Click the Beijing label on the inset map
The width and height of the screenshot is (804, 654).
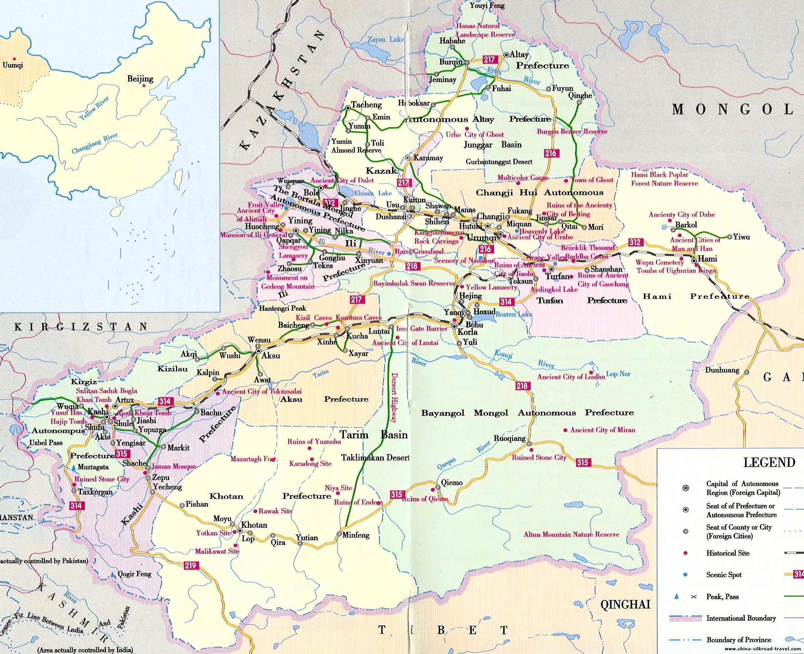click(x=140, y=79)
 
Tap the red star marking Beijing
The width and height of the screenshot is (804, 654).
click(x=144, y=86)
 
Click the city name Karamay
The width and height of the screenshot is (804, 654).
click(x=428, y=158)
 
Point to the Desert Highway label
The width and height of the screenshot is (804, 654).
click(x=394, y=398)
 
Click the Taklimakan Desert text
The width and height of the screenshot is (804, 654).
click(x=375, y=457)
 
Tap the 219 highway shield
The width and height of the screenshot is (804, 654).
click(x=190, y=565)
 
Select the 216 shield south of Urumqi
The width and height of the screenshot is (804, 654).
click(x=485, y=249)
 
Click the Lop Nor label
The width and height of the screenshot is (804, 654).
click(x=618, y=374)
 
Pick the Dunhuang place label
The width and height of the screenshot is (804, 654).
click(x=722, y=370)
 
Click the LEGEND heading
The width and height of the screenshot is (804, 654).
click(x=769, y=463)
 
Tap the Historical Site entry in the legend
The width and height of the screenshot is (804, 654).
click(x=727, y=553)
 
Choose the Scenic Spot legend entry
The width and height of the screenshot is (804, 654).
click(x=724, y=575)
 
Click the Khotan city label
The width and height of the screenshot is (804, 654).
click(x=254, y=525)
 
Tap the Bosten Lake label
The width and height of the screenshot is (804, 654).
click(x=514, y=314)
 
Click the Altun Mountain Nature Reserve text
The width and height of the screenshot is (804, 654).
click(x=571, y=534)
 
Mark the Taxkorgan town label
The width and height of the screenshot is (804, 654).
click(x=95, y=492)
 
